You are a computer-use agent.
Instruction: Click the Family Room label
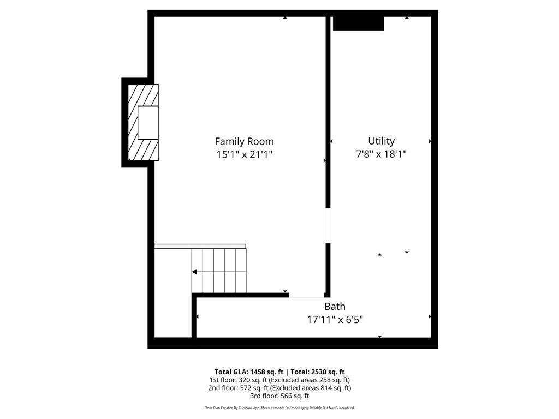[244, 141]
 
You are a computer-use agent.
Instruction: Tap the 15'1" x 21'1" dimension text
[244, 154]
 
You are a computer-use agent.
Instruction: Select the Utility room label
[381, 141]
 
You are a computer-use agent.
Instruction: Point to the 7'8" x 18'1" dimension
[381, 154]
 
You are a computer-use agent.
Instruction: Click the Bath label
[335, 307]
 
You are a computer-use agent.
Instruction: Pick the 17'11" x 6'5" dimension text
[335, 320]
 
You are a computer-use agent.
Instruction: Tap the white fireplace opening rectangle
[148, 122]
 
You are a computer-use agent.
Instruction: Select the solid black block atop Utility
[359, 23]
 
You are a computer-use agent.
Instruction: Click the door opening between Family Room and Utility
[328, 225]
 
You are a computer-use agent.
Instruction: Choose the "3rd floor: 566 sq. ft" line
[279, 396]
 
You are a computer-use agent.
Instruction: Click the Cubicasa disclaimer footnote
[279, 408]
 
